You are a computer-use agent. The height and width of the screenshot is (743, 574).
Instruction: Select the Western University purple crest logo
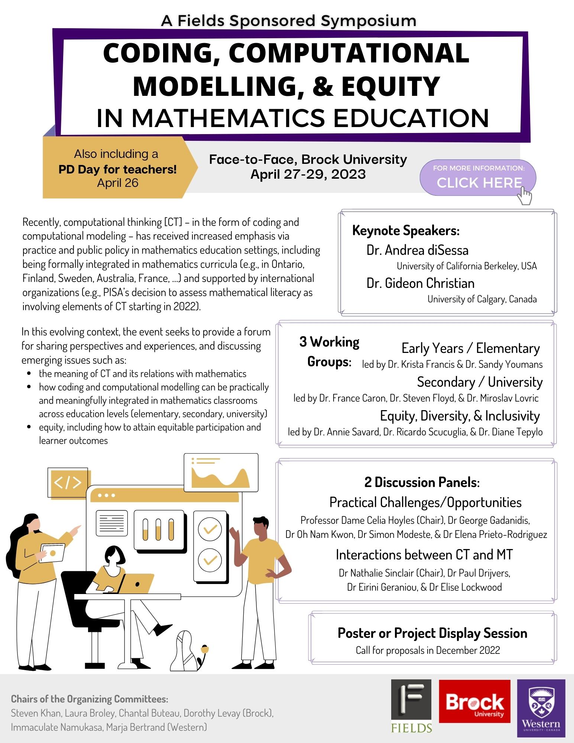(x=541, y=708)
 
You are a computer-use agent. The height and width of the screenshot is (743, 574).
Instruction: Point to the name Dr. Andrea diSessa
(x=417, y=250)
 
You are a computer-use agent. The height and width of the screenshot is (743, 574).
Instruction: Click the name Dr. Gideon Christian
(x=420, y=283)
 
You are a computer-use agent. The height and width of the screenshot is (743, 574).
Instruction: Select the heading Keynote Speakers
(x=406, y=230)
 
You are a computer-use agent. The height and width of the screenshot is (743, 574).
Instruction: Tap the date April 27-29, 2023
(x=308, y=174)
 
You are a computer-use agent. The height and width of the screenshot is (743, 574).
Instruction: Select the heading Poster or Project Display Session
(x=432, y=633)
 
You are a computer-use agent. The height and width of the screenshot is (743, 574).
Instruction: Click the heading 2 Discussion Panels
(x=422, y=482)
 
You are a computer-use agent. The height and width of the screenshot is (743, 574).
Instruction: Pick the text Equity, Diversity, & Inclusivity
(x=460, y=416)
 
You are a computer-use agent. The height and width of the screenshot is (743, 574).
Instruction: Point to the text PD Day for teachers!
(x=117, y=169)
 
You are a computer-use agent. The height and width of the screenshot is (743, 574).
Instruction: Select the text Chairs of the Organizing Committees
(x=90, y=699)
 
